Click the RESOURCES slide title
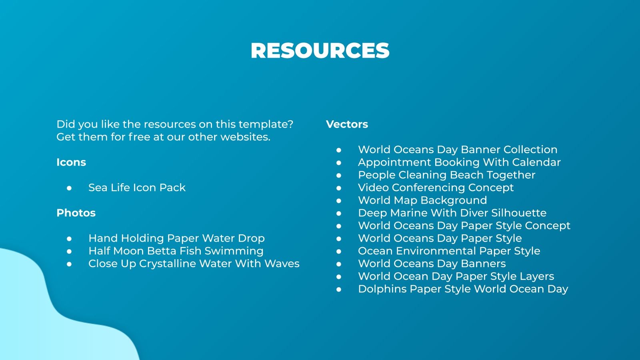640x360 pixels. [320, 51]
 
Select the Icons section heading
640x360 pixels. [71, 162]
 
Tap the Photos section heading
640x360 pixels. [76, 213]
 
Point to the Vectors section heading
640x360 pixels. [347, 124]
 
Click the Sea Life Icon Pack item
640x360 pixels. [137, 188]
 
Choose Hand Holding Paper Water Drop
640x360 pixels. [176, 238]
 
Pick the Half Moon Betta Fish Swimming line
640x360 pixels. [176, 251]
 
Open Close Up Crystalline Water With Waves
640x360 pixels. [194, 264]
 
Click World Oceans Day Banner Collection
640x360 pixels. [458, 150]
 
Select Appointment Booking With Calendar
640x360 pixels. [459, 162]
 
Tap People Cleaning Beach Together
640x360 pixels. [446, 175]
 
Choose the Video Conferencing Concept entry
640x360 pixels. [436, 188]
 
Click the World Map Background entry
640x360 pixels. [422, 200]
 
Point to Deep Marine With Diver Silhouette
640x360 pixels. [452, 213]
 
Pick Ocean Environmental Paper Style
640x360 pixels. [449, 251]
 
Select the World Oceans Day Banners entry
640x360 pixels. [432, 264]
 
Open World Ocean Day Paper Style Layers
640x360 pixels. [456, 276]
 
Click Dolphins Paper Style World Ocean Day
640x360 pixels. [463, 289]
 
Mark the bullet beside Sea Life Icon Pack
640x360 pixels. [69, 188]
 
